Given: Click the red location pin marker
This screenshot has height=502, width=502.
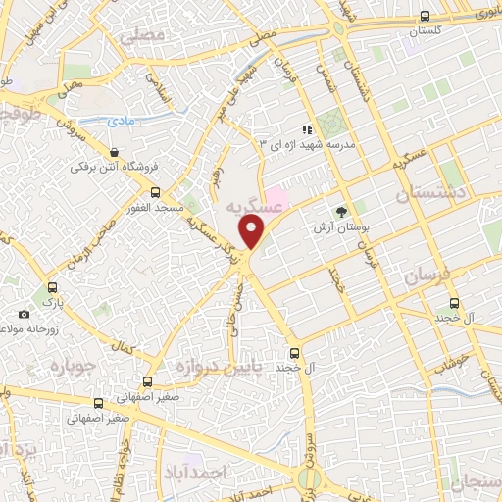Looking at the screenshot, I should [x=253, y=231].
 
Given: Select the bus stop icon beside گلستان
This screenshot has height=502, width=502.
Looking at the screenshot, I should [x=424, y=16].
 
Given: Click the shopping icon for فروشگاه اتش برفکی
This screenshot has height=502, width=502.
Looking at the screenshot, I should [x=117, y=153].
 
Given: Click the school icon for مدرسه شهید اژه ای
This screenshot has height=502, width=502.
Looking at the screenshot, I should [x=307, y=128].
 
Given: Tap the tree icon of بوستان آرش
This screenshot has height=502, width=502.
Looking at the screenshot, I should [x=341, y=212].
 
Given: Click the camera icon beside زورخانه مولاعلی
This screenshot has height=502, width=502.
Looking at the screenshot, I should [x=24, y=315].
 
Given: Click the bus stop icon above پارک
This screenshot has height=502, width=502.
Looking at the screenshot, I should [x=51, y=288].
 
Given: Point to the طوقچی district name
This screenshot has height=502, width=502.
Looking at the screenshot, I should [x=18, y=115].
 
